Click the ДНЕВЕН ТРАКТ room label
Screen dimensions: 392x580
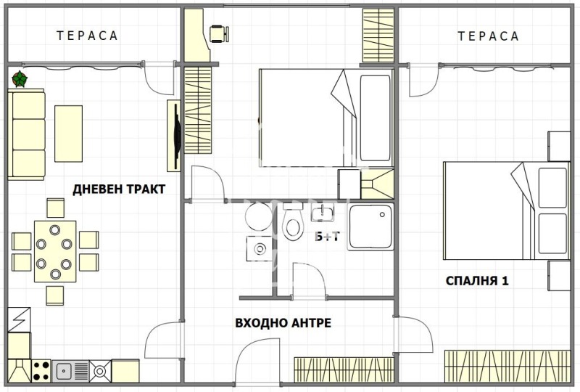pos(119,189)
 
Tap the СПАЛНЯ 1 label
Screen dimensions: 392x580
pos(476,280)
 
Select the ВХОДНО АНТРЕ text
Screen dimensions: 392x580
pos(278,322)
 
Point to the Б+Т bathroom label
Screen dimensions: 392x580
pos(326,237)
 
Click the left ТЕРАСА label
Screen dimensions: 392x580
pos(87,36)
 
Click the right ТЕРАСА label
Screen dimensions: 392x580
pos(488,36)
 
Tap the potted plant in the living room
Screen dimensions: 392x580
pos(20,78)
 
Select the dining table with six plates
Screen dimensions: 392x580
pos(54,251)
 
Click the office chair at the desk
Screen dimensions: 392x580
pos(219,33)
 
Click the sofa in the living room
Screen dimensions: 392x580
pos(27,134)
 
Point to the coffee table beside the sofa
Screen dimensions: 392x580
pos(69,134)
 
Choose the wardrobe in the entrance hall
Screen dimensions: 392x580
pos(343,369)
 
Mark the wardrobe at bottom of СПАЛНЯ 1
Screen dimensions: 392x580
pos(507,364)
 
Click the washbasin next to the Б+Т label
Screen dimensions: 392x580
pos(323,213)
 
